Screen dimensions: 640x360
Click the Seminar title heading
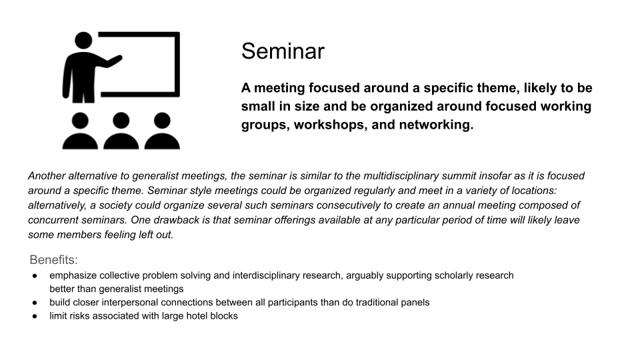pyautogui.click(x=283, y=51)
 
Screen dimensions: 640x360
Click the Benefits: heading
pyautogui.click(x=53, y=259)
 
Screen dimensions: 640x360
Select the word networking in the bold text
pyautogui.click(x=436, y=125)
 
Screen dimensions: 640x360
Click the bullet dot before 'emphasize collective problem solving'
pyautogui.click(x=35, y=276)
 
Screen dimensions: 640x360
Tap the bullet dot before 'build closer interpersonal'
pyautogui.click(x=35, y=303)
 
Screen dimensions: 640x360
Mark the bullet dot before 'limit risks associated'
pyautogui.click(x=35, y=316)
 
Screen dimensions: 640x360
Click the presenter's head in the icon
pyautogui.click(x=84, y=41)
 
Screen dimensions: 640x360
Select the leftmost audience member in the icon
pyautogui.click(x=80, y=131)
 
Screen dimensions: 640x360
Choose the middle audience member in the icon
pyautogui.click(x=121, y=131)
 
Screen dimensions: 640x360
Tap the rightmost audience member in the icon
pyautogui.click(x=162, y=131)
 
